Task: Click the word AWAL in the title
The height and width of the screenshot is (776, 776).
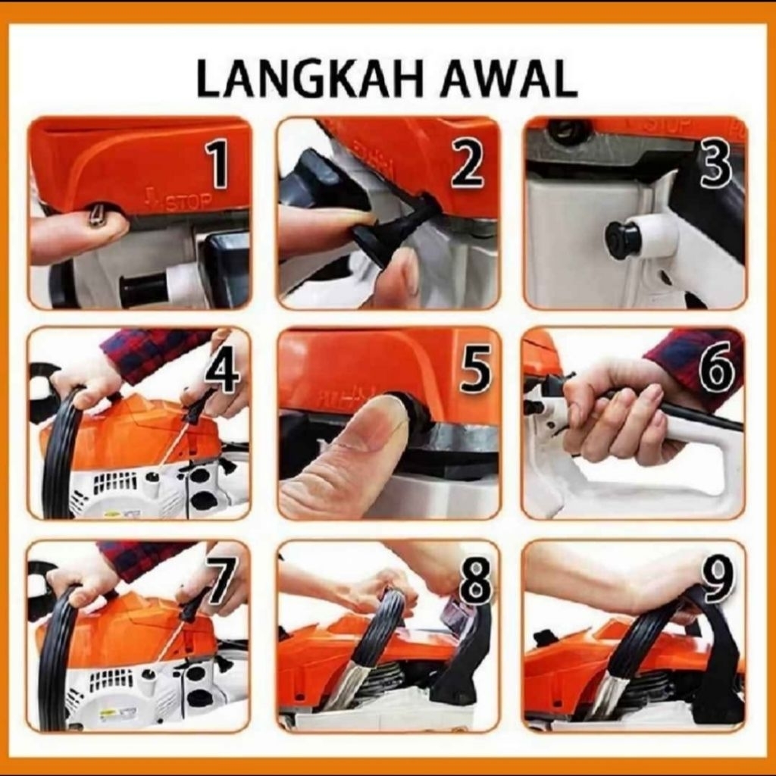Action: tap(509, 79)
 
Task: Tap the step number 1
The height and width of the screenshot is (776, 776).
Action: tap(218, 164)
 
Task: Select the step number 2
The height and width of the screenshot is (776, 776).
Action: tap(466, 164)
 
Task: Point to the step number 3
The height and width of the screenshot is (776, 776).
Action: tap(713, 164)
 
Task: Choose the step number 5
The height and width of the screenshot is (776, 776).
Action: tap(474, 369)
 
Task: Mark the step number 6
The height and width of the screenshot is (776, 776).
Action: tap(716, 370)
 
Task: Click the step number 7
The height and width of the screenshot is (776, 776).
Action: tap(221, 580)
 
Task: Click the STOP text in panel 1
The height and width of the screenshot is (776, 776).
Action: tap(189, 202)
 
